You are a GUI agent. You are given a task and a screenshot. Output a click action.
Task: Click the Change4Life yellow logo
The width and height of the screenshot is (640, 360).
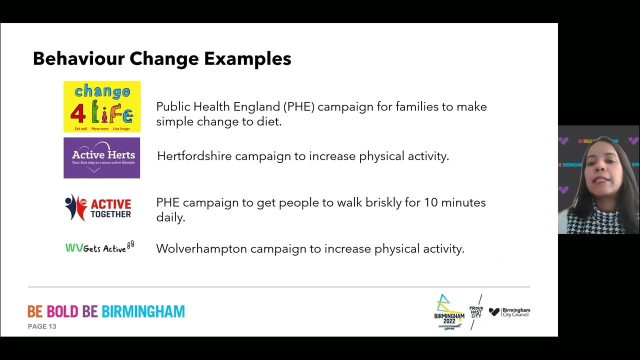click(102, 106)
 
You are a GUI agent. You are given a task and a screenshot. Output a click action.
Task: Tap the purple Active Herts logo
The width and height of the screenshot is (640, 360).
click(102, 158)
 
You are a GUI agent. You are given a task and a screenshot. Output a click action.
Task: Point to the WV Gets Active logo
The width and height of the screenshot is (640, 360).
click(100, 247)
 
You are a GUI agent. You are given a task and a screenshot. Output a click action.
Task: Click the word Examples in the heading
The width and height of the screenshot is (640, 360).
click(247, 59)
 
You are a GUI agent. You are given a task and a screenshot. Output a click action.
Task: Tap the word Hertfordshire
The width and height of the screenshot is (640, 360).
click(194, 156)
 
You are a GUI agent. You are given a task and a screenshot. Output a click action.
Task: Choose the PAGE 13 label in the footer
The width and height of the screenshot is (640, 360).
click(42, 326)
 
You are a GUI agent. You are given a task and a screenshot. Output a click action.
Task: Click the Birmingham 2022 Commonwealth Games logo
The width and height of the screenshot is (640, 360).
click(448, 312)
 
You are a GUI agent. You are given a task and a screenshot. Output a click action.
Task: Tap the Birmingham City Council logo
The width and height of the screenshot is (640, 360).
click(509, 312)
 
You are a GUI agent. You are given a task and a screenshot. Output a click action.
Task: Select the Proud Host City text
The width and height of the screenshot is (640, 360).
click(476, 312)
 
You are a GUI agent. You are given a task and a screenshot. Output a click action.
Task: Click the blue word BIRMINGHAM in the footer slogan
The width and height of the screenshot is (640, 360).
click(143, 311)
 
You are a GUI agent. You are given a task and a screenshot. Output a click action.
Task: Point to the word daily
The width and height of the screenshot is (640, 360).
click(170, 217)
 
